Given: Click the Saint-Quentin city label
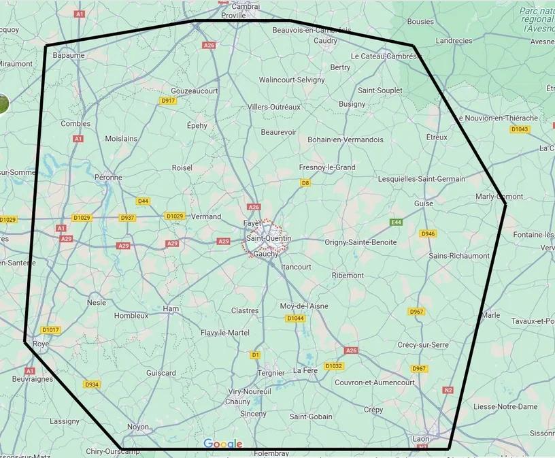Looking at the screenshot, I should (x=269, y=239).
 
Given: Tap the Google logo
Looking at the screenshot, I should (x=223, y=444).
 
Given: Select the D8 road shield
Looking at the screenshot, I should (x=305, y=183).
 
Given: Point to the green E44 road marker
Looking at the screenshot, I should (x=396, y=223).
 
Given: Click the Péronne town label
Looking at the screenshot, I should (x=108, y=177).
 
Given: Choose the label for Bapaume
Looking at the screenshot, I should (x=69, y=55).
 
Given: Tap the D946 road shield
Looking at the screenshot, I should (x=428, y=234).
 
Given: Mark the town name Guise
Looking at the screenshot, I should (x=423, y=203).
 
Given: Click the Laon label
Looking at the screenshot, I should (x=421, y=439).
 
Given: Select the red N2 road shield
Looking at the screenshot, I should (x=448, y=390).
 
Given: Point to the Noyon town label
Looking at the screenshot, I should (x=138, y=427).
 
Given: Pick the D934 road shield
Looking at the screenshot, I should (x=92, y=385).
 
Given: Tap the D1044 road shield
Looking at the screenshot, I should (x=295, y=318).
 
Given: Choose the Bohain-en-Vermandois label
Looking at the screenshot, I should (x=346, y=140).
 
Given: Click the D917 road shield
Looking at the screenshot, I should (x=168, y=101).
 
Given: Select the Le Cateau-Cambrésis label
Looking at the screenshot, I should (x=386, y=56).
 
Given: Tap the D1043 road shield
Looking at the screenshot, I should (x=519, y=129).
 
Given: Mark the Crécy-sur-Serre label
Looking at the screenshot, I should (x=422, y=345).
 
